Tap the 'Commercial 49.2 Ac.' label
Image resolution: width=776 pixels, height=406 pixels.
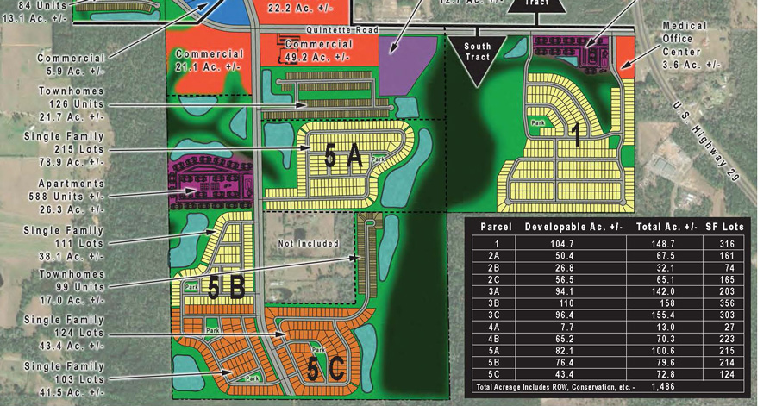pyautogui.click(x=317, y=51)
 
